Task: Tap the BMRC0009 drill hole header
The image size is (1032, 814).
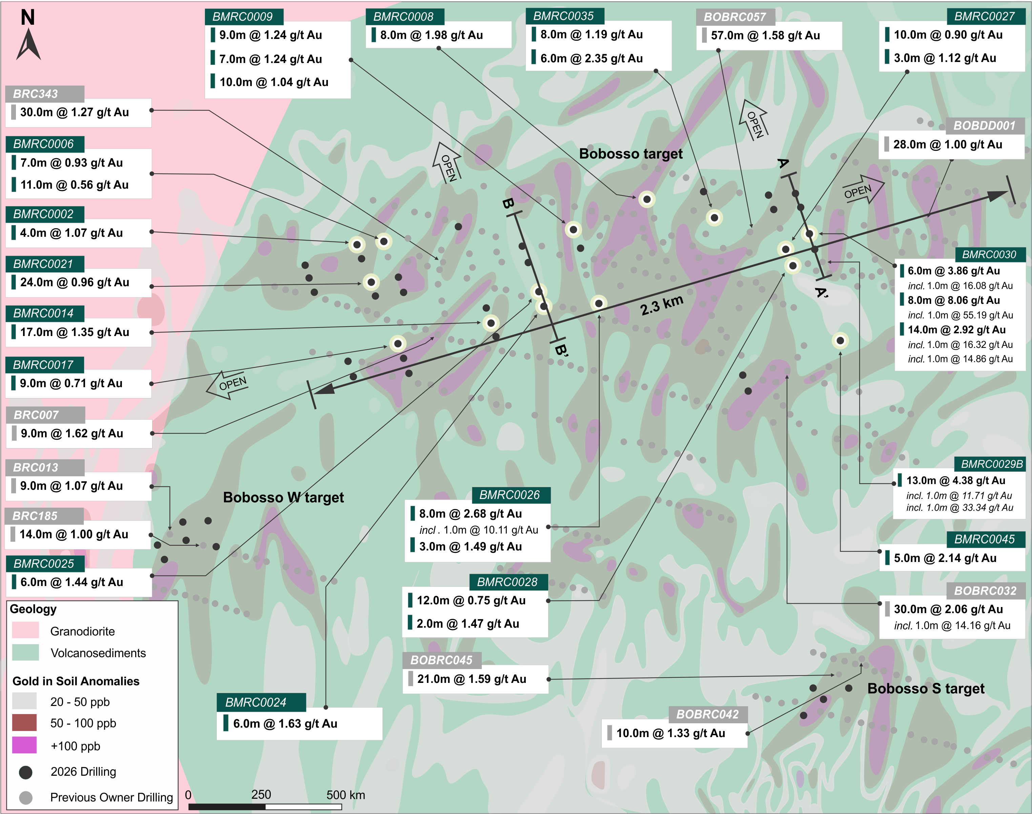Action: click(244, 17)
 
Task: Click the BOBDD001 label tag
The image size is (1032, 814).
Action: click(985, 125)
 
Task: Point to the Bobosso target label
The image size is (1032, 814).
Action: click(631, 153)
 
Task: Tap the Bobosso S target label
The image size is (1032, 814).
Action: click(926, 688)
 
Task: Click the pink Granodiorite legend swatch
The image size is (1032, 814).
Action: click(25, 630)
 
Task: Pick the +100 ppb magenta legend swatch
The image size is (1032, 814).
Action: click(24, 745)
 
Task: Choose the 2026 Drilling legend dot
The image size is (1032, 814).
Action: click(26, 772)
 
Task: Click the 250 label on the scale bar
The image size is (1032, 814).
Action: click(261, 794)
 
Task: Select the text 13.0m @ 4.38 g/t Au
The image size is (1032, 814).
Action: click(956, 480)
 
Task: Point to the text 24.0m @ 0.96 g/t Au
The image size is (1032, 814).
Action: click(75, 282)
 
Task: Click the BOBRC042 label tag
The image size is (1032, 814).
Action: click(708, 714)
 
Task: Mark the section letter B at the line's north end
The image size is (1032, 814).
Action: click(508, 204)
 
